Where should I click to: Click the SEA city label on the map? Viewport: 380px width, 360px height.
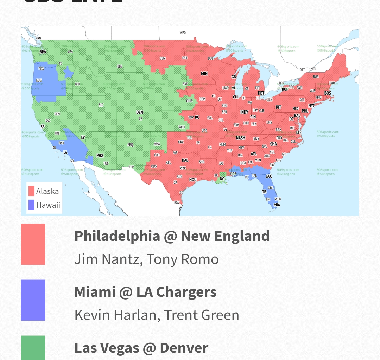tap(43, 51)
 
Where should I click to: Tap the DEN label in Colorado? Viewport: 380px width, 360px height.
tap(140, 112)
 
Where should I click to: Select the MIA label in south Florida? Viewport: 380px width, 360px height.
tap(277, 205)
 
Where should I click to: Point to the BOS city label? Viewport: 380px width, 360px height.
tap(328, 93)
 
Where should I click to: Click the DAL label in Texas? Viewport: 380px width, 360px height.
tap(185, 160)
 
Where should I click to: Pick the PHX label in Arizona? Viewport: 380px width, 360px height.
tap(100, 155)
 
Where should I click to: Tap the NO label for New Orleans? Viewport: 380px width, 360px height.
tap(222, 179)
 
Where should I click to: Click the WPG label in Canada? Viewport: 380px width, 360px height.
tap(183, 32)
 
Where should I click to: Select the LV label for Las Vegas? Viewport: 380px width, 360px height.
tap(83, 137)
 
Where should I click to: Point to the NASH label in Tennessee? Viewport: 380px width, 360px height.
tap(241, 138)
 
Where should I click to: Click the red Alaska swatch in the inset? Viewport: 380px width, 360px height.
tap(31, 191)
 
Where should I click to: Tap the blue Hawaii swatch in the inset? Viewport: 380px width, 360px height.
tap(31, 205)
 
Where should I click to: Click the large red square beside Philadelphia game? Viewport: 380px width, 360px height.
tap(33, 244)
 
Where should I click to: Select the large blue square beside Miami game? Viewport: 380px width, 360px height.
tap(33, 300)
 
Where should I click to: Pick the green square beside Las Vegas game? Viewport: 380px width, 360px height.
tap(33, 348)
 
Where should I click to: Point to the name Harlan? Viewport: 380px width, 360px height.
tap(137, 315)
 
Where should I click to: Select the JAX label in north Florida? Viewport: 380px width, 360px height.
tap(269, 176)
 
